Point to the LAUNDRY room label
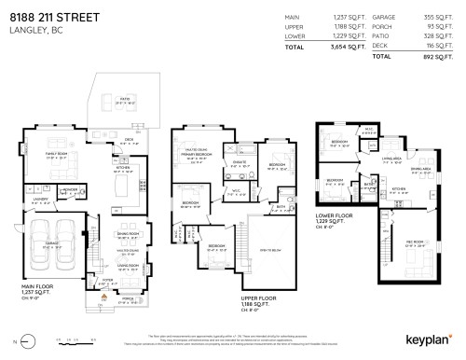[x=39, y=199]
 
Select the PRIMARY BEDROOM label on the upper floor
[x=195, y=157]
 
